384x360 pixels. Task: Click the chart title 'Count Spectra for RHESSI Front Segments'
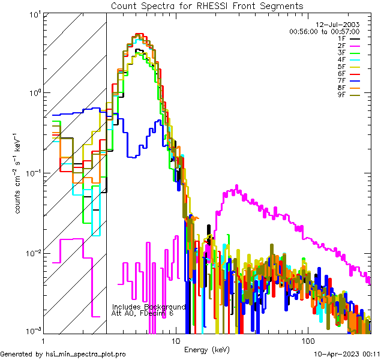207,6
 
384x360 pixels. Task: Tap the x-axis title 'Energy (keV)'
206,350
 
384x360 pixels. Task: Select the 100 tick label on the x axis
307,340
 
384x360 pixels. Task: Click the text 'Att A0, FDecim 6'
142,313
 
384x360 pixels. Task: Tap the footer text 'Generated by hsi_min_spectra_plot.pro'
63,355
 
